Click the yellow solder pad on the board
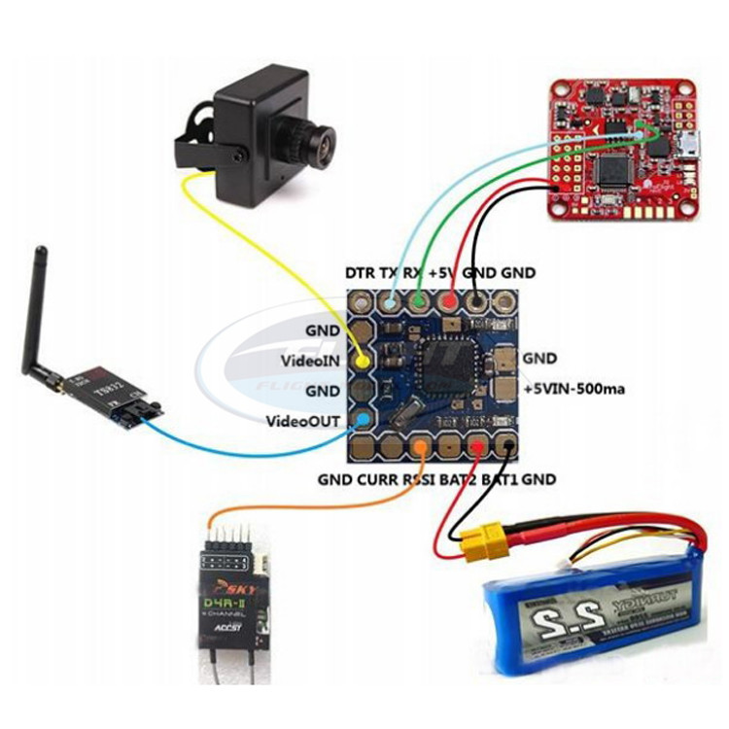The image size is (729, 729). (x=363, y=361)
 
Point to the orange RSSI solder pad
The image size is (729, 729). (x=420, y=447)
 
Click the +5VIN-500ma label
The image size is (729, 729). (x=573, y=389)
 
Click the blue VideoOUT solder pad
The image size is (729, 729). (x=363, y=421)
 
